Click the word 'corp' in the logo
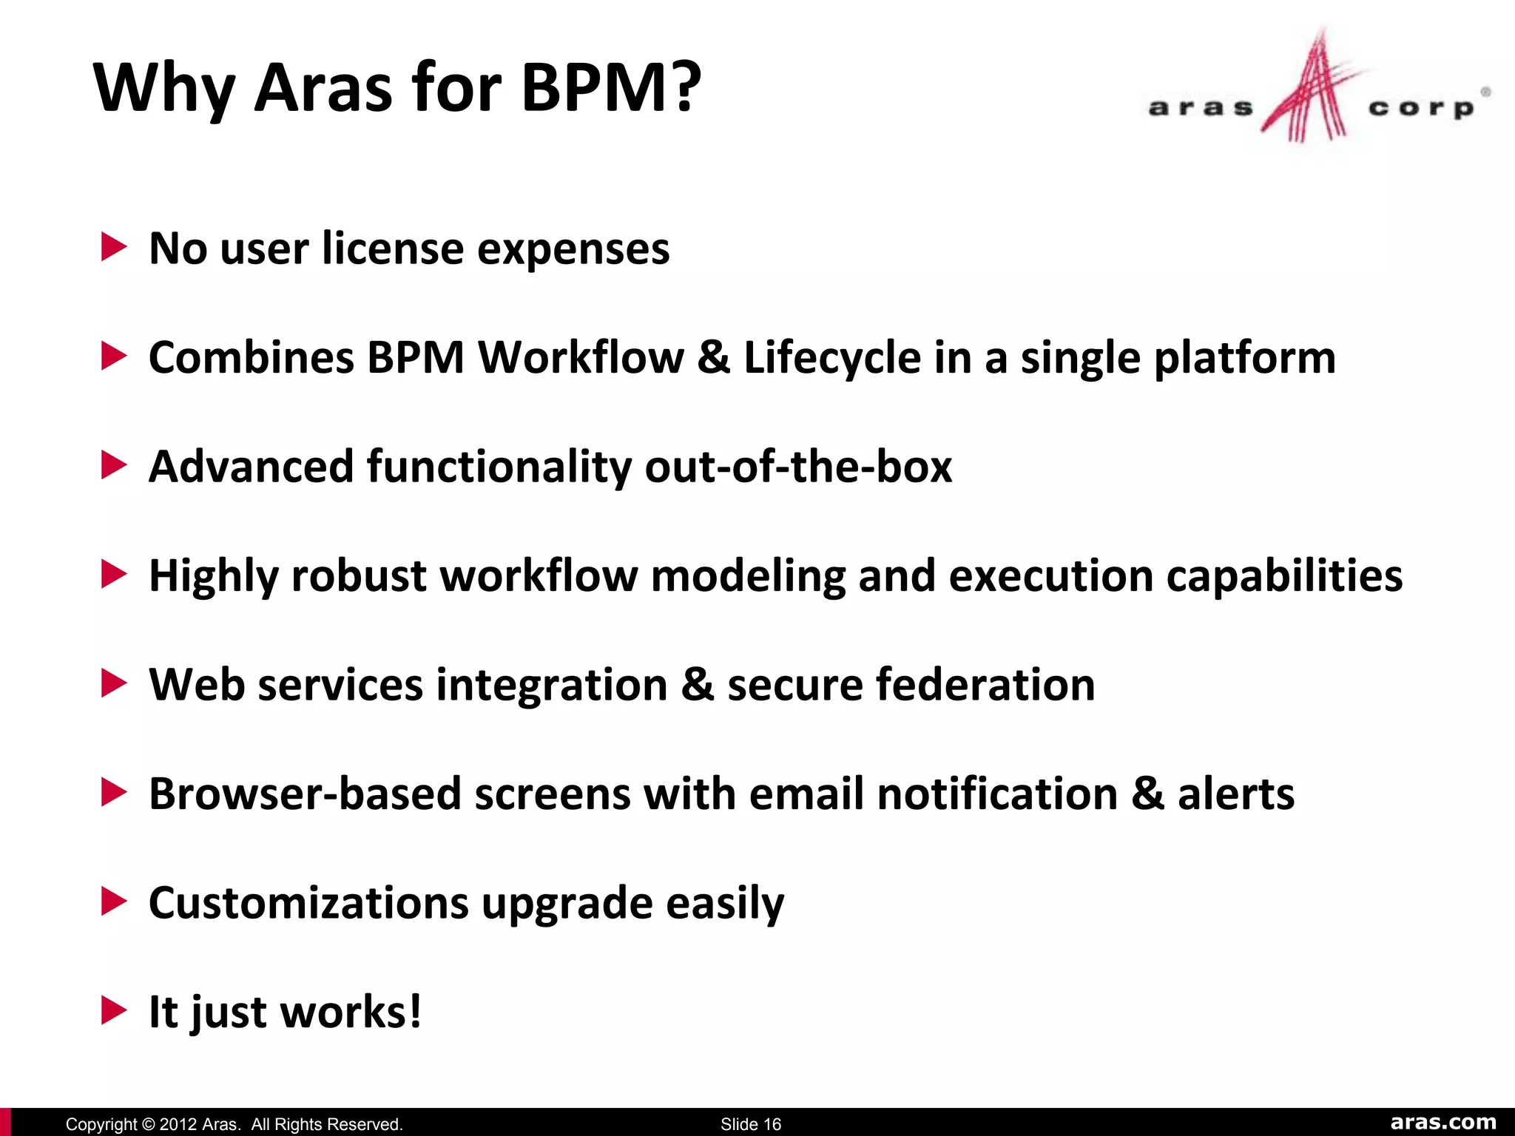coord(1421,108)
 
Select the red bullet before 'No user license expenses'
coord(113,247)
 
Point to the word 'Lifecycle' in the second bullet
coord(832,357)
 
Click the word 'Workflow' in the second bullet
coord(581,357)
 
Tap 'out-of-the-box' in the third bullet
coord(798,467)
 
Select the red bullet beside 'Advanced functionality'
coord(113,465)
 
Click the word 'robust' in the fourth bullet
coord(359,575)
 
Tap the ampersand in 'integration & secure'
coord(698,684)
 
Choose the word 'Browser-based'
coord(305,794)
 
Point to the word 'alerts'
coord(1235,794)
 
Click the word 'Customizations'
coord(308,903)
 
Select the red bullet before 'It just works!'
coord(113,1010)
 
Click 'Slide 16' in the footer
coord(750,1124)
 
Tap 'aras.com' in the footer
coord(1443,1122)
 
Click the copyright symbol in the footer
coord(148,1124)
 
